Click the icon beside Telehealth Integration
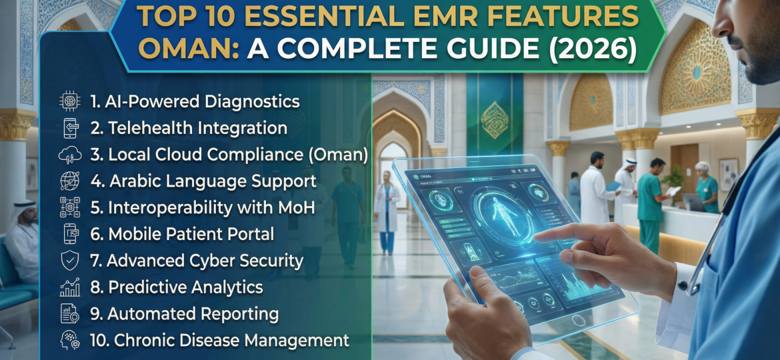70,128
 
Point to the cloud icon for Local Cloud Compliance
70,155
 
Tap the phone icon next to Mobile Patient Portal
70,234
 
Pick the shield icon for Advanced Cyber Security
70,261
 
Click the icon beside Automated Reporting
70,313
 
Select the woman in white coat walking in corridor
386,210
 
